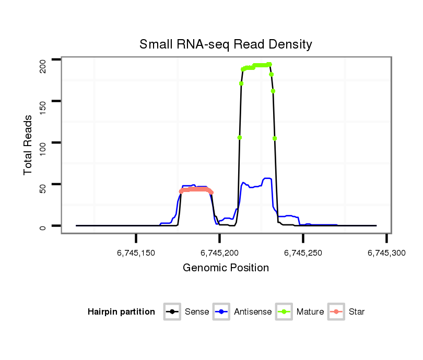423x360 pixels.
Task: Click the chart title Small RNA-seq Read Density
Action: pos(226,44)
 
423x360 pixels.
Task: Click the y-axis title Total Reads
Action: pos(28,145)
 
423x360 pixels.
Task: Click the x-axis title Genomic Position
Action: pos(226,268)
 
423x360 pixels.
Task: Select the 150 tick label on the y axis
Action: pos(43,102)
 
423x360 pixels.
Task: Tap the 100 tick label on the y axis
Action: pos(43,143)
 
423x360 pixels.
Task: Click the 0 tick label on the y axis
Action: pos(43,226)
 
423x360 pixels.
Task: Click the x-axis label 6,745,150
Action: pos(136,253)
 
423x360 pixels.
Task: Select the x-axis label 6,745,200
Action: pos(219,253)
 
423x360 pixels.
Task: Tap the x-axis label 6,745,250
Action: pos(303,253)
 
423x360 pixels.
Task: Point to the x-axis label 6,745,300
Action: pos(386,253)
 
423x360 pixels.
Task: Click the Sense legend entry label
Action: pos(197,312)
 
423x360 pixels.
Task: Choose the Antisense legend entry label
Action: pos(253,312)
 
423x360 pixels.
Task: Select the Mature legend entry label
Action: pos(310,312)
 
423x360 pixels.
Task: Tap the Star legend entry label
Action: pos(357,312)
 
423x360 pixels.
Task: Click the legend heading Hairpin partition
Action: pos(121,312)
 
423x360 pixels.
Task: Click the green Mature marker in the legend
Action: pos(285,312)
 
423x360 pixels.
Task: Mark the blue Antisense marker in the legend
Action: pos(222,312)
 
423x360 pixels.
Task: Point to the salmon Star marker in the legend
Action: pos(337,312)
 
